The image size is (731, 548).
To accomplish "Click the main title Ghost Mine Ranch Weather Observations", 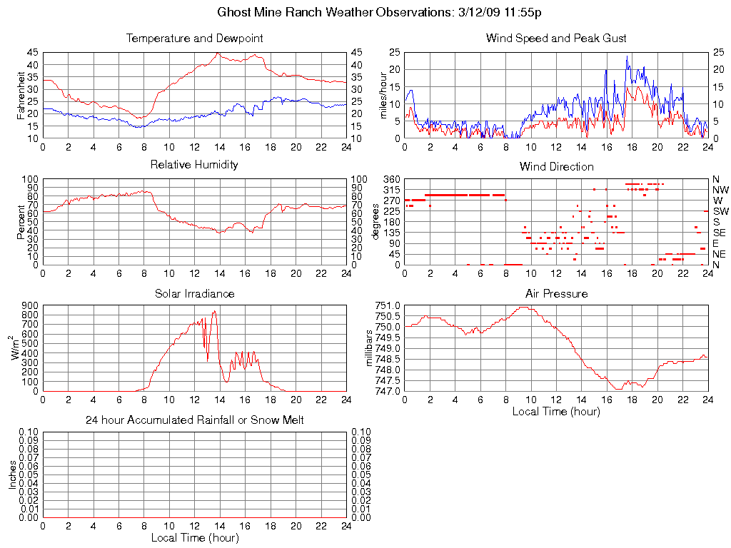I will tap(365, 12).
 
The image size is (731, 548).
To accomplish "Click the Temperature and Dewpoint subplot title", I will tap(194, 38).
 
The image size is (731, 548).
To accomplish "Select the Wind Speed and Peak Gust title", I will tap(556, 38).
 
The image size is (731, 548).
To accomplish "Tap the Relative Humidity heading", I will tap(194, 165).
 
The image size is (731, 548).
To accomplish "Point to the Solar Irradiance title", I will tap(194, 293).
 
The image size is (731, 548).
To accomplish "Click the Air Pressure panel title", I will tap(556, 293).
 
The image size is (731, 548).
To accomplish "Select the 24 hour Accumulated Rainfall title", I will tap(194, 420).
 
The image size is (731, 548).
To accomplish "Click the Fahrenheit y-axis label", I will tap(21, 95).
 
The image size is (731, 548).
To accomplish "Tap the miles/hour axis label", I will tap(383, 95).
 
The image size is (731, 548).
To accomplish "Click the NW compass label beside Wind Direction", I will tap(720, 190).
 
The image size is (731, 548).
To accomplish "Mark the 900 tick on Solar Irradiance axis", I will tap(30, 305).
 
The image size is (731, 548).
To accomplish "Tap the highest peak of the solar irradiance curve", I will tap(214, 311).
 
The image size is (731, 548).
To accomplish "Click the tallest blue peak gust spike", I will tap(627, 56).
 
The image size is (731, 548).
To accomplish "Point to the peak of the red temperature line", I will tap(218, 53).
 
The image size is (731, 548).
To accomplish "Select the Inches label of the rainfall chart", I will tap(12, 475).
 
